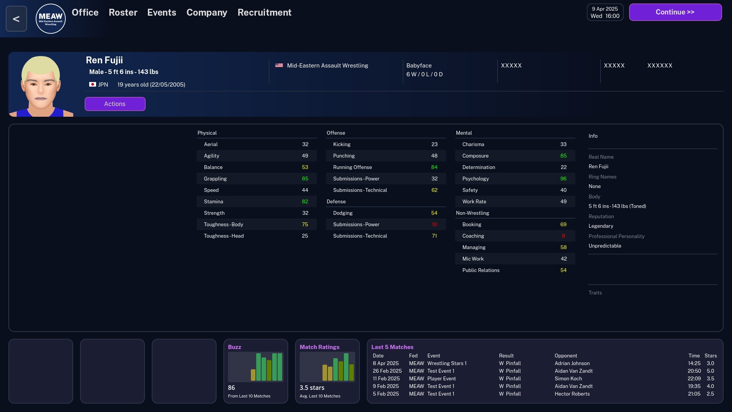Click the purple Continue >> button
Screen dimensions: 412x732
[x=675, y=12]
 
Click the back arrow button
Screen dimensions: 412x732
[x=16, y=19]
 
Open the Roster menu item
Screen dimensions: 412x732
[x=123, y=13]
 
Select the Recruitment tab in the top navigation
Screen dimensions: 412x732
[x=264, y=13]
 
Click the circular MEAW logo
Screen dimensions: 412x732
[x=50, y=19]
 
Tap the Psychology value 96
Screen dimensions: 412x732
[x=563, y=179]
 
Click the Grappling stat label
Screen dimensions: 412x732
[x=215, y=179]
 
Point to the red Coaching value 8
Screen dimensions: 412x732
[x=563, y=236]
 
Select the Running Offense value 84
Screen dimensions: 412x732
[x=434, y=167]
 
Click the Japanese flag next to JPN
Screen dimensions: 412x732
[x=92, y=84]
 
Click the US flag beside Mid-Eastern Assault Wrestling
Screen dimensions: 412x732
[x=279, y=65]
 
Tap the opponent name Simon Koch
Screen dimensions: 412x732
[x=568, y=378]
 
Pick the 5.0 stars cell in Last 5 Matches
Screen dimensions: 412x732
[x=710, y=371]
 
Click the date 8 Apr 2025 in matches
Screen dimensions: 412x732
[x=385, y=363]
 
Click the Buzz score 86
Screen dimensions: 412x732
[x=231, y=388]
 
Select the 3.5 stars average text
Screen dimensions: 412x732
[x=312, y=388]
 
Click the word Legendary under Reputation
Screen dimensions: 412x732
[x=600, y=226]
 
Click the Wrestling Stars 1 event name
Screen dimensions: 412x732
[x=446, y=363]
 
